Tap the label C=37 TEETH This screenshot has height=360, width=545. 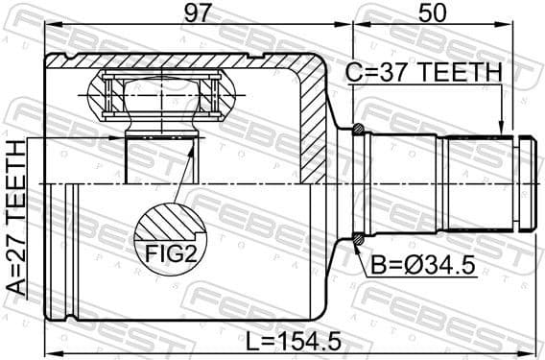coord(424,73)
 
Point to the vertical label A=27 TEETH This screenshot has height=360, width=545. coord(16,221)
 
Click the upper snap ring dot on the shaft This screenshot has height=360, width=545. coord(358,130)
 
